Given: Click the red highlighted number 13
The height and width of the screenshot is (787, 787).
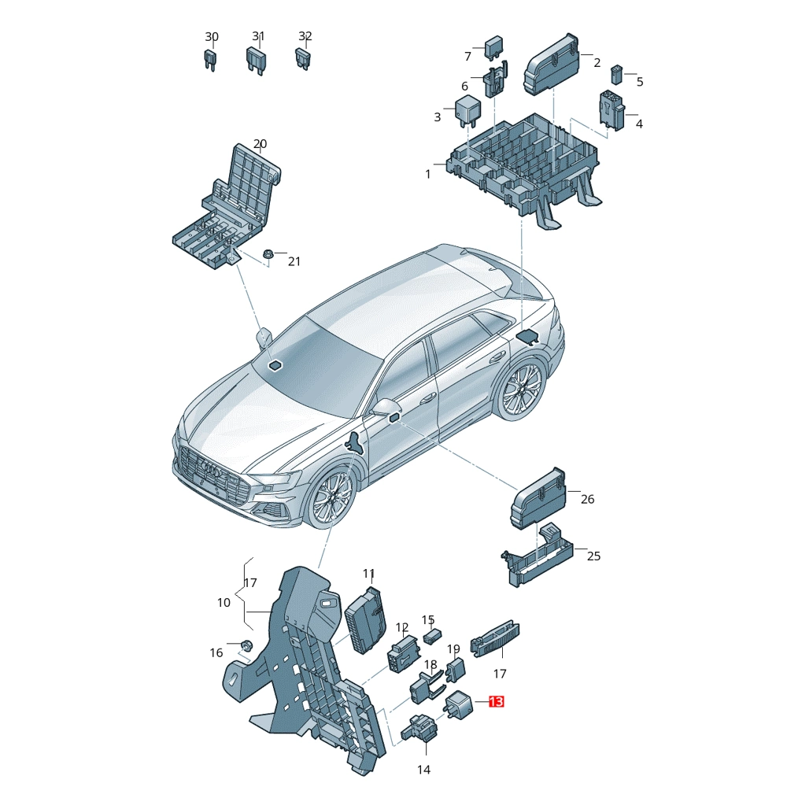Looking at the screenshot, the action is [496, 701].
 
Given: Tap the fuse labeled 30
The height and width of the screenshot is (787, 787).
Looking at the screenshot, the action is [210, 60].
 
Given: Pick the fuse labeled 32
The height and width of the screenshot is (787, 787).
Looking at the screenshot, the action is [303, 59].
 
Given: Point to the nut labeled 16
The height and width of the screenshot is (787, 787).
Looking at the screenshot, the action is [246, 645].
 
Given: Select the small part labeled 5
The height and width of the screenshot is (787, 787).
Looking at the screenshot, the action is [616, 75].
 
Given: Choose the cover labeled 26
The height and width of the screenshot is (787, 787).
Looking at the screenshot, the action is [538, 497].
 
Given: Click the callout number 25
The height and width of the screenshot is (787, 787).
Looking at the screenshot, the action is [593, 556].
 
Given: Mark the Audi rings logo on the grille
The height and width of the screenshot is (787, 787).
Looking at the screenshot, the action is [211, 467].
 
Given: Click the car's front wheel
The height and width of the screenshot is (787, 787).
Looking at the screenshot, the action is [332, 497].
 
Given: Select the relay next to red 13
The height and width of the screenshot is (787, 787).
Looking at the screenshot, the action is [458, 704].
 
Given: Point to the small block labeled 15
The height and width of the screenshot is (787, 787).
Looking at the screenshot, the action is [432, 637].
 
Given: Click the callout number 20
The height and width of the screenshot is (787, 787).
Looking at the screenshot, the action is [260, 144].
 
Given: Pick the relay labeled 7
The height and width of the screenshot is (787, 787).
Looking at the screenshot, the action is [493, 48].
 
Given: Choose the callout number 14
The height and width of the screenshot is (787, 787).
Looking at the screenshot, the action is [423, 769].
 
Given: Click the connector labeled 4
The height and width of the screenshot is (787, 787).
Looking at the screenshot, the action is [611, 110].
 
